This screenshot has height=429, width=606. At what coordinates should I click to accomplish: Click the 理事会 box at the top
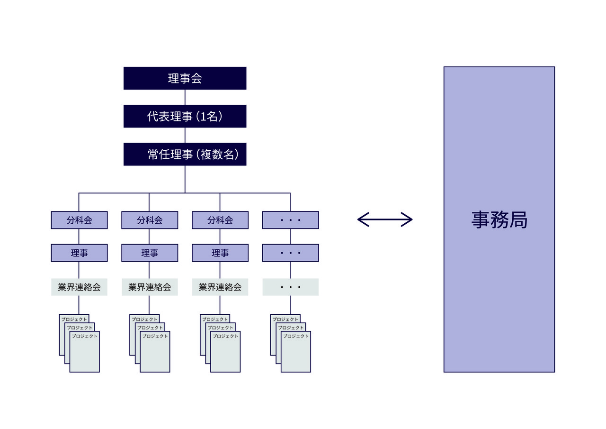185,78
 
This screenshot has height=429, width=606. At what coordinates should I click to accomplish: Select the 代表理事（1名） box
185,116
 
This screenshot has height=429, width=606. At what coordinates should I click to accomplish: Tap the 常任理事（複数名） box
185,154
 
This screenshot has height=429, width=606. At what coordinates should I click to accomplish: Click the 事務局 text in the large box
499,220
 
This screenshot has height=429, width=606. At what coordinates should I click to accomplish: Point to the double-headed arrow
385,219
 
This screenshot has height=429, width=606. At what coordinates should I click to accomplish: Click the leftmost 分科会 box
79,220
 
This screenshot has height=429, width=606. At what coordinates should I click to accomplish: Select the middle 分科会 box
150,220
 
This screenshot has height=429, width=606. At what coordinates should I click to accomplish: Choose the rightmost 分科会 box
220,220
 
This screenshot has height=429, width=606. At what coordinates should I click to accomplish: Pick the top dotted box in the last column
290,220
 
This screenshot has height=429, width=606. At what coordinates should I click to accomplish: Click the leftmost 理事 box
79,253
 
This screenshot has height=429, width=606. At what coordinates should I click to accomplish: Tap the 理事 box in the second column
150,253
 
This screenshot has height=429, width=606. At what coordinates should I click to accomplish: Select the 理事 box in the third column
220,253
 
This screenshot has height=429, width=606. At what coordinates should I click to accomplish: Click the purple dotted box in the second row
290,253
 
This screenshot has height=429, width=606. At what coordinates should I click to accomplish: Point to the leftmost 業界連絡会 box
79,287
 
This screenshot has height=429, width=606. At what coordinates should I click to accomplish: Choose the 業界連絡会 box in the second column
150,287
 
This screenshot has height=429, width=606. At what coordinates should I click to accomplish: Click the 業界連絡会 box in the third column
220,287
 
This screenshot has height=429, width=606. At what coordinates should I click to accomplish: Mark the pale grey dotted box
290,287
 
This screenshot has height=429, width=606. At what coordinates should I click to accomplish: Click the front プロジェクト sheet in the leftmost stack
85,353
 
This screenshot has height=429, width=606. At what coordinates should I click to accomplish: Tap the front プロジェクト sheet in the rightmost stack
296,353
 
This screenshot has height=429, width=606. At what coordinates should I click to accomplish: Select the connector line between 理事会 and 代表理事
185,97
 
